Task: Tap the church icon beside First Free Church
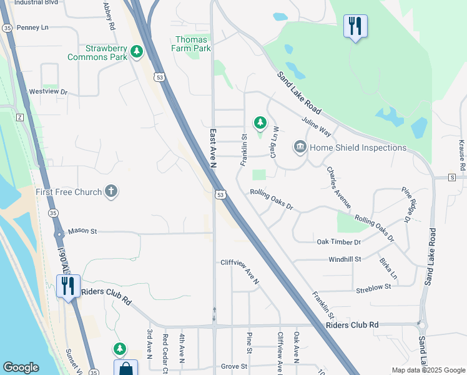tap(111, 191)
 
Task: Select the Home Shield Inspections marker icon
tap(300, 147)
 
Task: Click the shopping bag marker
tap(125, 368)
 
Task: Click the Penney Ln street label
tap(32, 27)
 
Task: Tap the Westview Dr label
tap(48, 91)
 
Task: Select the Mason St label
tap(82, 231)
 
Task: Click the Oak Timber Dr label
tap(338, 242)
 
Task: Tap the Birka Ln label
tap(388, 267)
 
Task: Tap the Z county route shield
tap(19, 117)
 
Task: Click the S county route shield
tap(452, 177)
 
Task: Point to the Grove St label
tap(235, 366)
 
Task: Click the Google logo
tap(21, 367)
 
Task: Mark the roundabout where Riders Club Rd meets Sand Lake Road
tap(423, 325)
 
